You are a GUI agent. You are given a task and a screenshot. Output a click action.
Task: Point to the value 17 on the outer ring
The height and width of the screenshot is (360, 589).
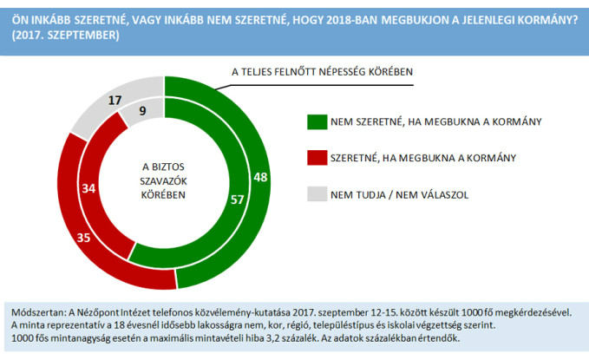(x=115, y=101)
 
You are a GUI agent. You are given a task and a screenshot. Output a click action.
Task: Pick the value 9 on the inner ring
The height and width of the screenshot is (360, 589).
(x=141, y=110)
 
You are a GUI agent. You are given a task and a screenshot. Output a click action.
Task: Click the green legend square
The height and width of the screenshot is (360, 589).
(x=315, y=122)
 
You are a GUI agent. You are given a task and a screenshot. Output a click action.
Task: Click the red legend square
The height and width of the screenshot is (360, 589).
(x=315, y=158)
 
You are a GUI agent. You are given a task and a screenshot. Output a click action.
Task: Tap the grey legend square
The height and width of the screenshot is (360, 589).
(x=315, y=194)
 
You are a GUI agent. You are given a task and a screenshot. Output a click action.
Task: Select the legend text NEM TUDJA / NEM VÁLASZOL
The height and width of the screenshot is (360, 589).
(x=399, y=194)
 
